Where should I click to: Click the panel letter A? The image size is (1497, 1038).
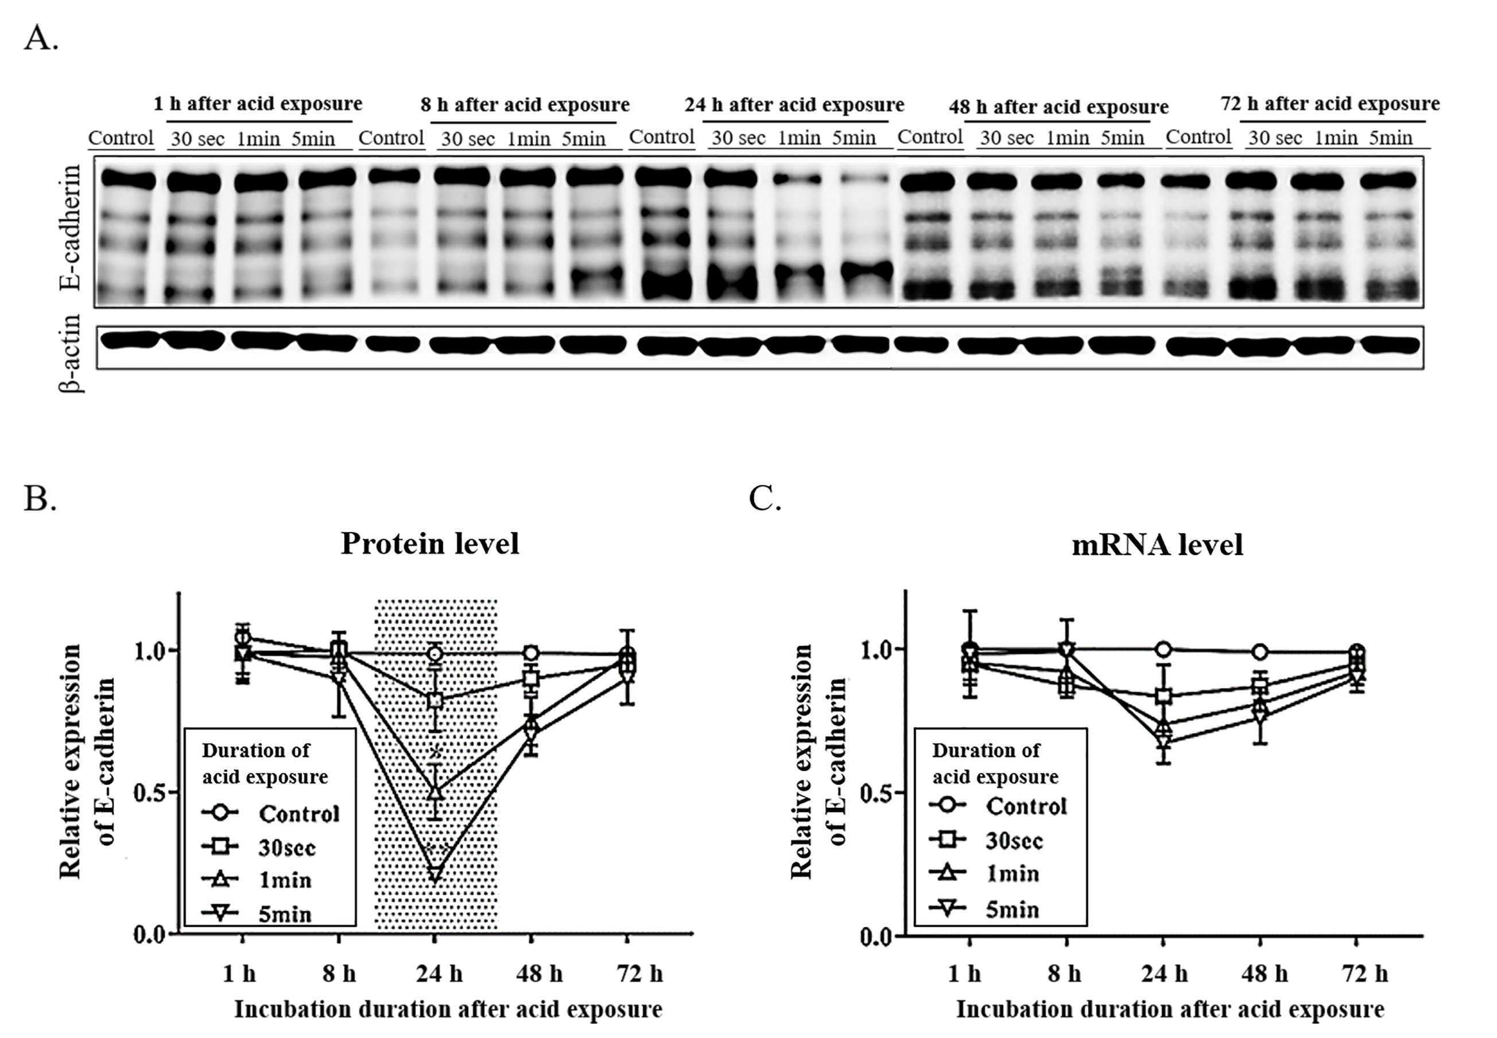click(40, 38)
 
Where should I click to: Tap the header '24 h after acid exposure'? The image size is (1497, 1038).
click(794, 104)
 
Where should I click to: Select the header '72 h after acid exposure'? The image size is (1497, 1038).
click(1330, 103)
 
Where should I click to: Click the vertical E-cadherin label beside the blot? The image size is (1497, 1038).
click(69, 227)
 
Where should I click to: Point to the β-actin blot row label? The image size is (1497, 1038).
click(69, 353)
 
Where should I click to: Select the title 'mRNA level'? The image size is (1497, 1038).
click(1157, 545)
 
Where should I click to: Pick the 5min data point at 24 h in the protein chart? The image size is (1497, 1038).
click(435, 874)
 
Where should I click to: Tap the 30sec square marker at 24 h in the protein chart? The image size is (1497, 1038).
click(435, 701)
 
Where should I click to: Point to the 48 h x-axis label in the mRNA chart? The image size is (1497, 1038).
click(1264, 974)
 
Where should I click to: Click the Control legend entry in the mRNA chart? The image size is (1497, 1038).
click(998, 806)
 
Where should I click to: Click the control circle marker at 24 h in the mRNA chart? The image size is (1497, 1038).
click(1164, 649)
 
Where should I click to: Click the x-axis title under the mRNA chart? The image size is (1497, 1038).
click(1170, 1009)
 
